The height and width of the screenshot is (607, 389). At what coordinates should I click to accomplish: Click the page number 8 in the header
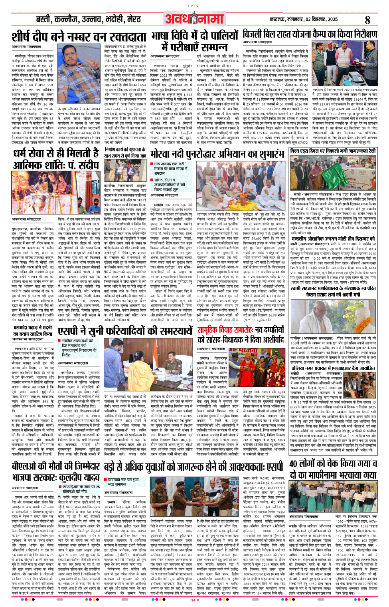(367, 19)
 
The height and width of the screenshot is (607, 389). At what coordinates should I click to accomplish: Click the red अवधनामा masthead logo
(194, 19)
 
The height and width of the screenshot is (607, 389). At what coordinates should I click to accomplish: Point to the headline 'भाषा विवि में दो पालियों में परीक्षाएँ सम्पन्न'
(194, 41)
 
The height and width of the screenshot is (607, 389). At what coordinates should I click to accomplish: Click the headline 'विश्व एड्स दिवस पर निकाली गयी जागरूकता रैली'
(333, 151)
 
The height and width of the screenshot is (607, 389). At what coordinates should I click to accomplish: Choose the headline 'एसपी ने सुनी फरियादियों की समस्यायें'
(125, 331)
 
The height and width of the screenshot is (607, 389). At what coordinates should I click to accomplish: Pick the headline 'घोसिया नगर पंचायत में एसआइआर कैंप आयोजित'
(333, 368)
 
